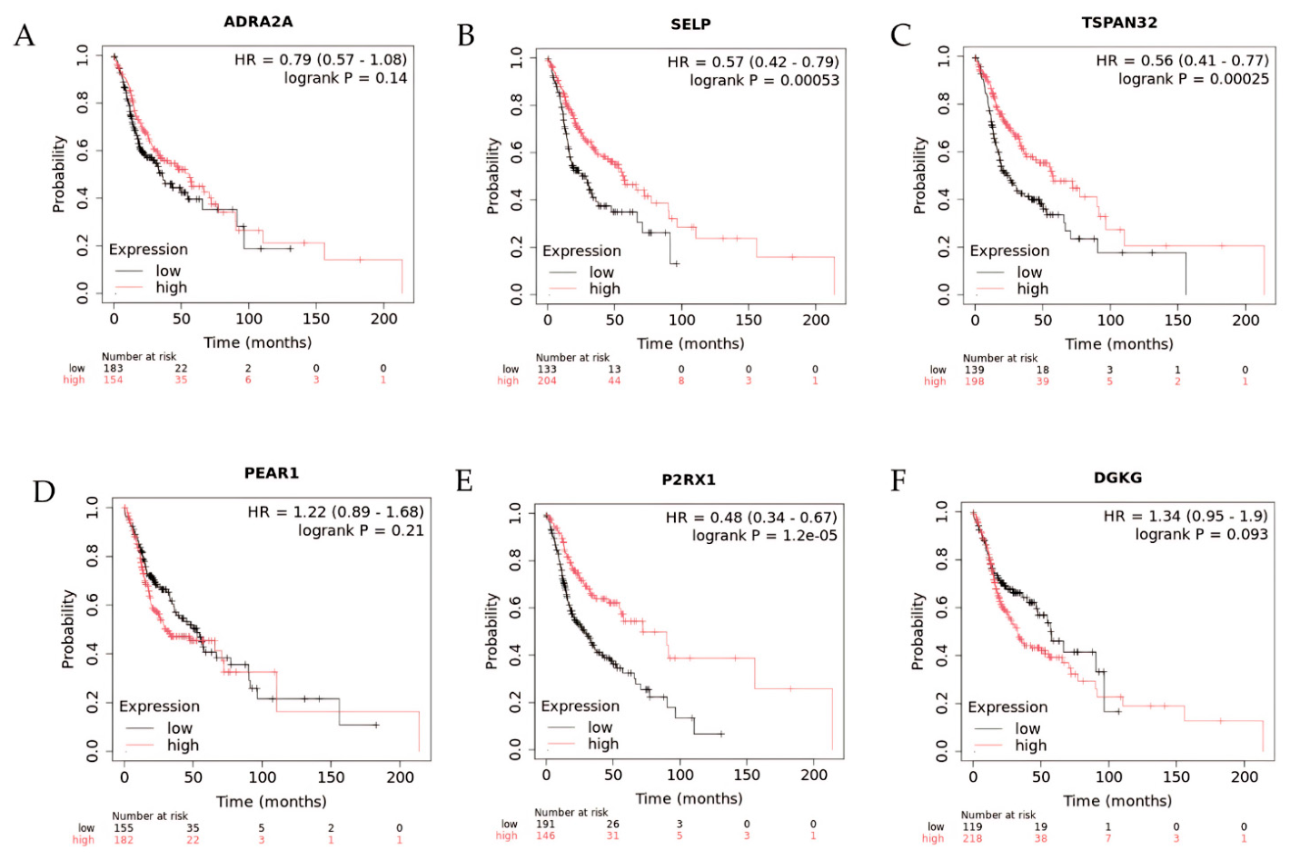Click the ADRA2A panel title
(x=258, y=22)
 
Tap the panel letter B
(x=465, y=35)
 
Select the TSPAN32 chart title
(x=1119, y=23)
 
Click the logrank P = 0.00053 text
(x=764, y=81)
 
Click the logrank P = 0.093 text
(x=1201, y=534)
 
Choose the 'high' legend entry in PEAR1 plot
(x=183, y=745)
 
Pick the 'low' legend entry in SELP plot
(x=601, y=272)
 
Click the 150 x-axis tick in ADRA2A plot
(x=316, y=319)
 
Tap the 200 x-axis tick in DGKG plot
(x=1244, y=777)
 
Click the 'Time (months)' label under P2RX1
(x=689, y=798)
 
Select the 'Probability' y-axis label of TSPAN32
(x=919, y=175)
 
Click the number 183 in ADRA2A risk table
(x=113, y=369)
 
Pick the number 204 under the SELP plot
(x=547, y=381)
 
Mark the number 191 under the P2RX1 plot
(x=545, y=824)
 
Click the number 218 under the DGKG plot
(x=972, y=839)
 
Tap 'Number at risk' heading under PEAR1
(x=150, y=816)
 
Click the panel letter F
(x=898, y=480)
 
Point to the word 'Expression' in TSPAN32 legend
(x=1009, y=251)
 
